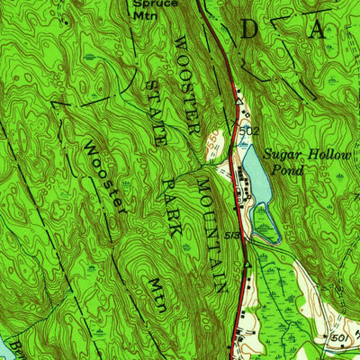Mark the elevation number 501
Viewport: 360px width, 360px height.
338,337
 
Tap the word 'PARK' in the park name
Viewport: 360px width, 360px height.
173,208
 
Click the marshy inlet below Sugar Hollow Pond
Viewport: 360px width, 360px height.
267,225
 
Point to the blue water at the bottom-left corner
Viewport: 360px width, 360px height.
4,349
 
